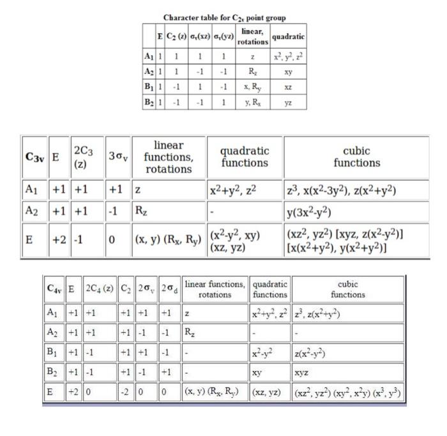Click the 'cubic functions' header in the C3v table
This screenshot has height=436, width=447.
tap(356, 157)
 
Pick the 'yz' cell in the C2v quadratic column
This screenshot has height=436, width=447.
tap(288, 101)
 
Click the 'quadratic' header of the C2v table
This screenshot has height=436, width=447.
tap(288, 36)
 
